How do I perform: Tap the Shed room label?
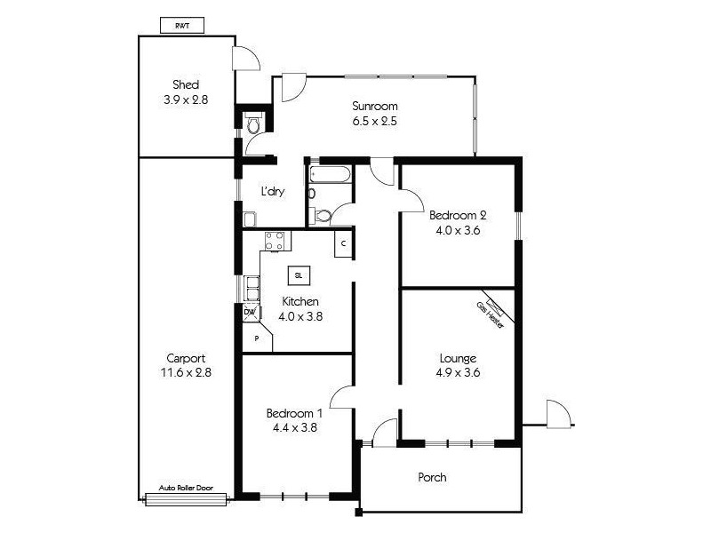click(x=185, y=85)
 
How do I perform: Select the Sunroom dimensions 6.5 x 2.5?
click(x=372, y=121)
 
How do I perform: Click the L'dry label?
click(x=272, y=191)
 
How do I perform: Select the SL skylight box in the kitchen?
click(x=299, y=274)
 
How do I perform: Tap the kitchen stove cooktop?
click(x=275, y=240)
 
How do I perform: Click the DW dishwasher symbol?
click(x=250, y=313)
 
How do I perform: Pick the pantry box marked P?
click(x=255, y=338)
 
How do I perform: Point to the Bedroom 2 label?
click(x=458, y=215)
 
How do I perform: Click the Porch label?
click(x=432, y=477)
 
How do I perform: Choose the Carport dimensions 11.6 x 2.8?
click(x=185, y=373)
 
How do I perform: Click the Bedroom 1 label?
click(x=294, y=413)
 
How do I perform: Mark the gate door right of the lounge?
click(x=556, y=414)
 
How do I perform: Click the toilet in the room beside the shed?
click(x=254, y=125)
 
